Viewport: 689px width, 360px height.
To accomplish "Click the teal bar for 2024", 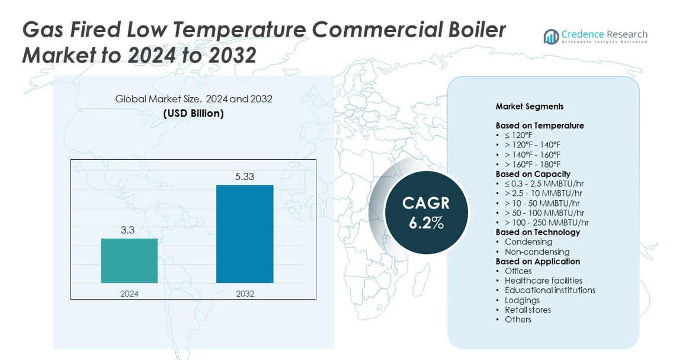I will point(129,261).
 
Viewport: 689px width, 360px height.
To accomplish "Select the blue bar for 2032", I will point(245,234).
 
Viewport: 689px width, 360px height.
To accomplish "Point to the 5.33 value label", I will point(244,177).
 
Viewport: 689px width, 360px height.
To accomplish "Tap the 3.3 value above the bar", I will point(128,230).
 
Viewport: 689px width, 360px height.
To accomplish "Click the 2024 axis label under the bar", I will point(129,294).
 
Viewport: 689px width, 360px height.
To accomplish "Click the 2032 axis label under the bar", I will point(245,294).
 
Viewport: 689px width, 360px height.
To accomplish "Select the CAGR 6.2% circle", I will point(426,213).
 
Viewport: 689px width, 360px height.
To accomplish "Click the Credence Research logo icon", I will point(552,37).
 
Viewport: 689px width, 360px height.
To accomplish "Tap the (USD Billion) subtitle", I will point(194,113).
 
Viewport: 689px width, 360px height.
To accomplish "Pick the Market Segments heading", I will point(530,107).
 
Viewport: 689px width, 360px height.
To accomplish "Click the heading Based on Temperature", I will point(540,126).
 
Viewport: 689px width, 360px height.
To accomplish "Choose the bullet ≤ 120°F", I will point(518,136).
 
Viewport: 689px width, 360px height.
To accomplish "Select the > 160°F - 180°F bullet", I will point(532,165).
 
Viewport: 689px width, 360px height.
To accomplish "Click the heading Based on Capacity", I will point(533,174).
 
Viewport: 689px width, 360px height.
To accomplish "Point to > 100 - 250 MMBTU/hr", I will point(546,223).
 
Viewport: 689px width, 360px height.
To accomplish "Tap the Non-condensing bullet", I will point(537,252).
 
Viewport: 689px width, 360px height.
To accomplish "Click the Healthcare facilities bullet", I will point(543,281).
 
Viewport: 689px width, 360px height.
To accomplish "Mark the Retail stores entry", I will point(527,310).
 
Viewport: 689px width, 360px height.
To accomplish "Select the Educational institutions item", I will point(550,290).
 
